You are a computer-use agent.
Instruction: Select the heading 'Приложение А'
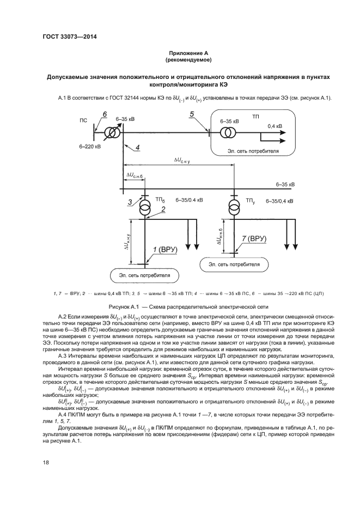coord(188,53)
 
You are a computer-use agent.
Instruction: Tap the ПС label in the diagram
coord(83,121)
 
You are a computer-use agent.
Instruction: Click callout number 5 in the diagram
coord(191,114)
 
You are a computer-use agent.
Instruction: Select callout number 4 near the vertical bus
coord(137,148)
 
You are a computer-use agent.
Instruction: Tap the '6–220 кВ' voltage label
coord(90,146)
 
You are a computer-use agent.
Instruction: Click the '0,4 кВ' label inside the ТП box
coord(275,126)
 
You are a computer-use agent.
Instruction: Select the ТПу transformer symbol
coord(233,207)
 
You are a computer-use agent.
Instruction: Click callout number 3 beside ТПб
coord(130,203)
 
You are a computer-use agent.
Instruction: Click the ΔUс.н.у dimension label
coord(186,160)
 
